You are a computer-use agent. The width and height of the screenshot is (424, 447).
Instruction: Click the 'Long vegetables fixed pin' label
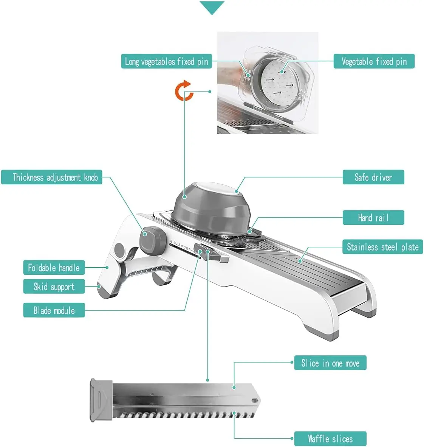(166, 61)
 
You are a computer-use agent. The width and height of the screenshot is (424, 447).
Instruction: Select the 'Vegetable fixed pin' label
(374, 61)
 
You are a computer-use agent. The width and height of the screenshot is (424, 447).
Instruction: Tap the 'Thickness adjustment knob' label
(55, 177)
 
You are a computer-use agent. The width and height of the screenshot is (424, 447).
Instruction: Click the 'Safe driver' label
(373, 177)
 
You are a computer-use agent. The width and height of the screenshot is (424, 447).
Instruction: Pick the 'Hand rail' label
(373, 218)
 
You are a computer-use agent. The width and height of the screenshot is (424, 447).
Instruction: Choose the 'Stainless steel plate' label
(382, 247)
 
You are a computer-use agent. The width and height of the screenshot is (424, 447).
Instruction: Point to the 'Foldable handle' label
(54, 268)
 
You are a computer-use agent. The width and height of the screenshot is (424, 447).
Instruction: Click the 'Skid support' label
(54, 287)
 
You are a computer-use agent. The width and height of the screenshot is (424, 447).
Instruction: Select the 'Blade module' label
(54, 310)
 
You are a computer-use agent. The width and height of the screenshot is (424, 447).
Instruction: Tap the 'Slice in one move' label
(330, 363)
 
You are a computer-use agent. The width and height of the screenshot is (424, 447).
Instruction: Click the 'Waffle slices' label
(330, 439)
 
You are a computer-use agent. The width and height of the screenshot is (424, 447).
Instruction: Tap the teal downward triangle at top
(212, 8)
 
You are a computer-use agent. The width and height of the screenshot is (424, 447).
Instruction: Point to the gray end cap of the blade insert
(101, 400)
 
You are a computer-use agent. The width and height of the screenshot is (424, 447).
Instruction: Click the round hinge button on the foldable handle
(119, 250)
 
